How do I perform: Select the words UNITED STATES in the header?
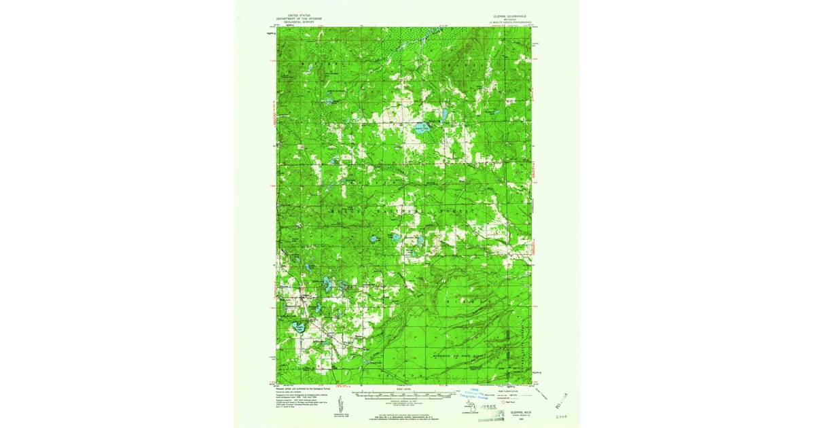point(297,14)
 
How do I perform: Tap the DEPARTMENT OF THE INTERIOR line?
point(297,17)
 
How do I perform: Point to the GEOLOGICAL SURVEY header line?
point(297,20)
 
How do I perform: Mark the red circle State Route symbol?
point(503,402)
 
